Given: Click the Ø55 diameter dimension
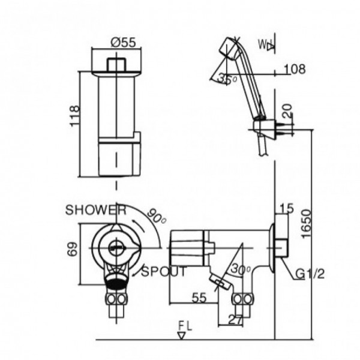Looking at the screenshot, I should pyautogui.click(x=122, y=43).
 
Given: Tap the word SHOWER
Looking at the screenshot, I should pyautogui.click(x=96, y=210).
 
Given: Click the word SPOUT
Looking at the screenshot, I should pyautogui.click(x=164, y=271).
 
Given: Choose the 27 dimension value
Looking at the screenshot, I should pyautogui.click(x=235, y=320).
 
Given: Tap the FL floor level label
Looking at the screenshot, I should pyautogui.click(x=185, y=326).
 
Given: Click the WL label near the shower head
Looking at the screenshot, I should pyautogui.click(x=266, y=45).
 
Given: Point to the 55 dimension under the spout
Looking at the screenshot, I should pyautogui.click(x=199, y=296).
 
